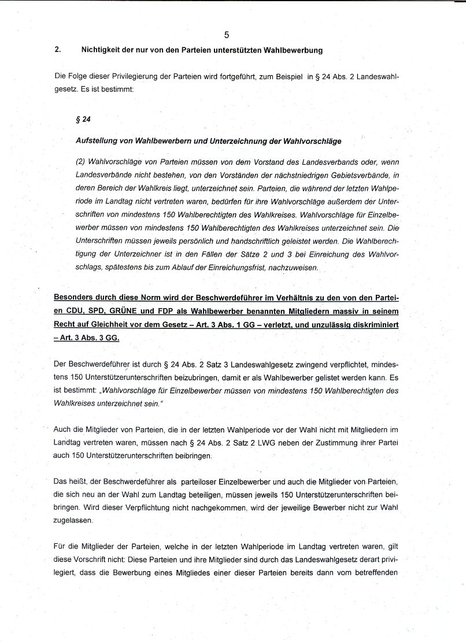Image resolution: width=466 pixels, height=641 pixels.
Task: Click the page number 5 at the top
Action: point(226,35)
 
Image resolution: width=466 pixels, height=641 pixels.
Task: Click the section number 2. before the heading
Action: point(58,50)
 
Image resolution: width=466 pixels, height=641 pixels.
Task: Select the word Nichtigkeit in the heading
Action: point(101,50)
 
